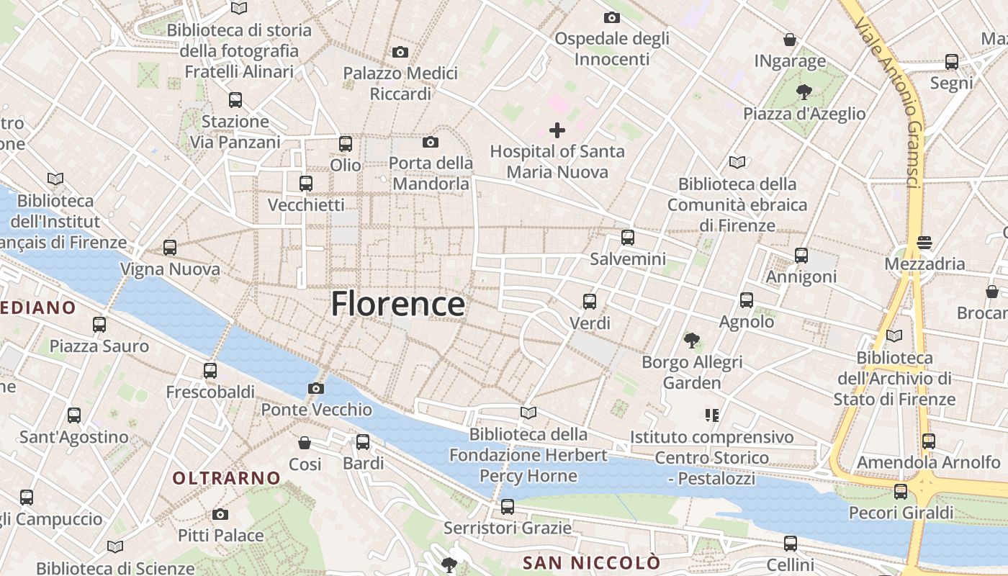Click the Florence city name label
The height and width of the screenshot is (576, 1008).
point(397,304)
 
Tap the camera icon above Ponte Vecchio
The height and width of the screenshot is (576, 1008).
point(315,389)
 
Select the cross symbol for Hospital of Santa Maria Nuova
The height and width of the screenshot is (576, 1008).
point(557,130)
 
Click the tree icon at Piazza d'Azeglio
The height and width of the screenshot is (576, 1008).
point(804,91)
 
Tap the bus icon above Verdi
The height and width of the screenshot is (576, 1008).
point(590,301)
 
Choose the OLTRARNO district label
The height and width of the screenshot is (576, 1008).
point(226,478)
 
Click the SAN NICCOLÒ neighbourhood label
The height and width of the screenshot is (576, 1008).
point(591,562)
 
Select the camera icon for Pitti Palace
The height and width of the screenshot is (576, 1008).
point(220,514)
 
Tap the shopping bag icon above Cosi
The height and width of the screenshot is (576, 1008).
point(305,442)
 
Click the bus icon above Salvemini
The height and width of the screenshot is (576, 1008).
point(628,237)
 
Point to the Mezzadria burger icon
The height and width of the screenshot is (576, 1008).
point(924,243)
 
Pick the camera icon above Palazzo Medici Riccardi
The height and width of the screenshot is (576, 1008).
point(400,52)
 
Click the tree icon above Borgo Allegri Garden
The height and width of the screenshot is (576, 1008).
point(692,339)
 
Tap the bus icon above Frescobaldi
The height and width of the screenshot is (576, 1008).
point(210,371)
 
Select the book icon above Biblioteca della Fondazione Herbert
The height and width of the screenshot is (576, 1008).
point(528,413)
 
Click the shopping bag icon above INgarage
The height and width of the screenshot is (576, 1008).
point(790,40)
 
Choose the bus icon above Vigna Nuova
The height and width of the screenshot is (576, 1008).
point(170,248)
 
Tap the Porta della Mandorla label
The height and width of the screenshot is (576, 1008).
point(431,174)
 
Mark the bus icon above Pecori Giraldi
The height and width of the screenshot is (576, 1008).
point(901,491)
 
